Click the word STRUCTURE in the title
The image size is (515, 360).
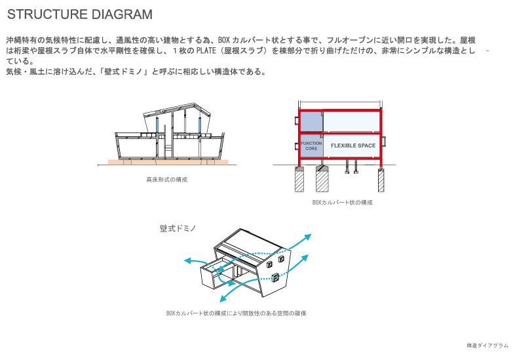tap(47, 14)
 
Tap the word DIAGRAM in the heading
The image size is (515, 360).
tap(122, 14)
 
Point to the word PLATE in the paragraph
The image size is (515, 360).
tap(206, 50)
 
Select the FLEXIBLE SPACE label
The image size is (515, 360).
tap(353, 146)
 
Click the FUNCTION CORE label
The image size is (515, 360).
tap(311, 146)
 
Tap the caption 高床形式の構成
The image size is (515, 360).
tap(167, 180)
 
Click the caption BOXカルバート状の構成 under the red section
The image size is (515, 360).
tap(342, 203)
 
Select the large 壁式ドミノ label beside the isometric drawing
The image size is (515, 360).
tap(178, 228)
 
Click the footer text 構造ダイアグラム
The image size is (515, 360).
tap(487, 346)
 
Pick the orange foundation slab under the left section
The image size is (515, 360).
tap(168, 162)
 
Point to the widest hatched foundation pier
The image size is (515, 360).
tap(322, 179)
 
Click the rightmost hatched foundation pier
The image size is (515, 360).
tap(381, 180)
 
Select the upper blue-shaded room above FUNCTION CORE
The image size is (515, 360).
tap(311, 121)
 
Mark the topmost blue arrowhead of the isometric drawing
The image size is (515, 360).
tap(307, 237)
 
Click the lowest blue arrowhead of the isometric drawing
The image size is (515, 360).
tap(223, 298)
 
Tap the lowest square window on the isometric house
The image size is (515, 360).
tap(276, 278)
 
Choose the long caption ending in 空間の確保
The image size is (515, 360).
tap(236, 313)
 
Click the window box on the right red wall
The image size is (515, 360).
tap(383, 142)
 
